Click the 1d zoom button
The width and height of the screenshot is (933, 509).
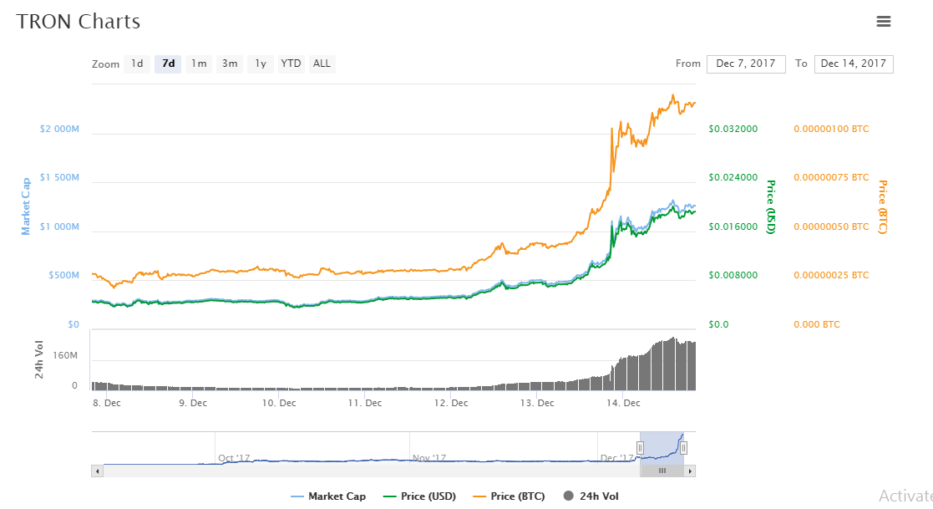pos(137,64)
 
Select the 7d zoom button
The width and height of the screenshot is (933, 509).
pos(168,64)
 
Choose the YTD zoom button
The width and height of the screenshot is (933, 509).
pos(291,64)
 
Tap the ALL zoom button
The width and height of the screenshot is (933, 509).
pos(322,64)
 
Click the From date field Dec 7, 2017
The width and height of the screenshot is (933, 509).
pos(746,64)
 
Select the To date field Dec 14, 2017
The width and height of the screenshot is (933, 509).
pos(853,64)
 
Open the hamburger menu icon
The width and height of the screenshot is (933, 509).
pos(884,22)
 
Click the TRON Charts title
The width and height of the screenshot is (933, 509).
pos(79,22)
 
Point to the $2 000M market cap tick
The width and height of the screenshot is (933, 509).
pos(58,130)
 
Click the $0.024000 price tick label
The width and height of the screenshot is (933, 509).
pos(733,178)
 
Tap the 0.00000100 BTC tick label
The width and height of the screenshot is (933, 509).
pos(830,130)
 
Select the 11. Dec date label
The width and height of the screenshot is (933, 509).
pos(364,403)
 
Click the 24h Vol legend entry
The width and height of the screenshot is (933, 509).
pos(594,496)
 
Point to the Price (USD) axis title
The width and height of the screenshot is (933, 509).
pos(771,206)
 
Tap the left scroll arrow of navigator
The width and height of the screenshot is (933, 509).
pos(98,471)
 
